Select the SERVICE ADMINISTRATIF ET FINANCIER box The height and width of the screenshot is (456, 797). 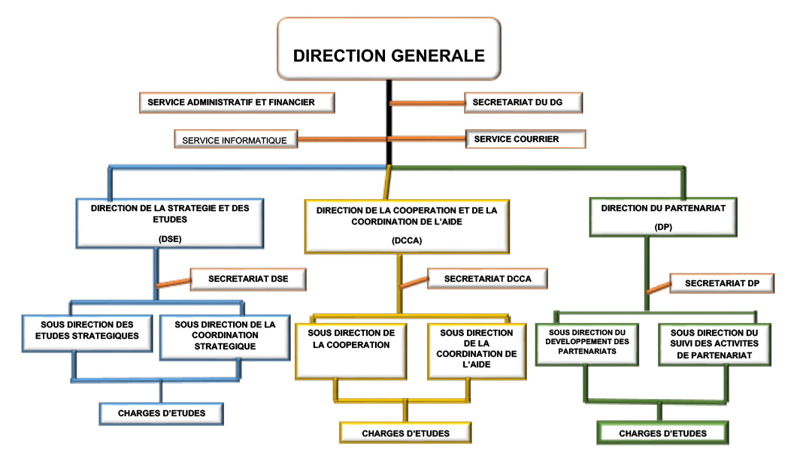click(236, 101)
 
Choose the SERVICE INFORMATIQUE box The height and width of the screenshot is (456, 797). click(235, 139)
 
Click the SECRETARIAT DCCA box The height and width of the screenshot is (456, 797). click(487, 279)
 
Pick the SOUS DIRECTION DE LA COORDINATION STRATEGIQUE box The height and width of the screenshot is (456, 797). click(225, 336)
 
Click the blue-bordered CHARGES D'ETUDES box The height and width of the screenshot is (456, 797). click(161, 412)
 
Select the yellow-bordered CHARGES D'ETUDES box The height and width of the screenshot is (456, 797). click(405, 433)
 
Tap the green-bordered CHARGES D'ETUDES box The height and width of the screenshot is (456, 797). click(662, 433)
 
